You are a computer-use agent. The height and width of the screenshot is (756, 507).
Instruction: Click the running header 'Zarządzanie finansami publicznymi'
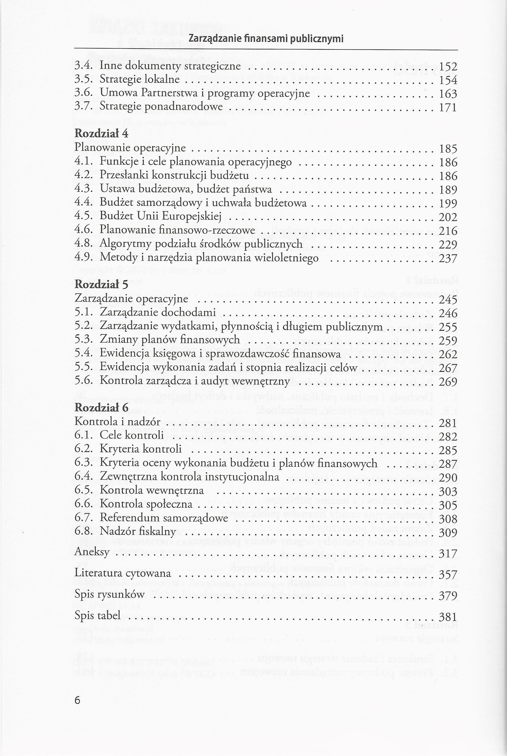pyautogui.click(x=265, y=39)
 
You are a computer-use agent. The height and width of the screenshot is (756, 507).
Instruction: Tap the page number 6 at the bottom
pyautogui.click(x=77, y=701)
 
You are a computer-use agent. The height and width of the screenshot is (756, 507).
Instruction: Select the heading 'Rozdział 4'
pyautogui.click(x=101, y=133)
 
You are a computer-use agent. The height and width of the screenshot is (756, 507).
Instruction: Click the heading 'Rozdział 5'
pyautogui.click(x=101, y=284)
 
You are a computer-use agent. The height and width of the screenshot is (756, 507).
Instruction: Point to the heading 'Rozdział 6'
pyautogui.click(x=101, y=408)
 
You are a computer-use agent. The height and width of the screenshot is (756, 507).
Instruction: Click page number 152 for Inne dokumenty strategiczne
pyautogui.click(x=448, y=66)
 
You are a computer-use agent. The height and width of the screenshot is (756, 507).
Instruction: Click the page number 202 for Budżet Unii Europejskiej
pyautogui.click(x=448, y=217)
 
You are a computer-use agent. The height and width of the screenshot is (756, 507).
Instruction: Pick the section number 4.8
pyautogui.click(x=83, y=244)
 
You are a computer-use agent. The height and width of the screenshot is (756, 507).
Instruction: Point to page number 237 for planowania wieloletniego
pyautogui.click(x=448, y=258)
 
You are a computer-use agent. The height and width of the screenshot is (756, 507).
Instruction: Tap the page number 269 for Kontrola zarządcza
pyautogui.click(x=448, y=382)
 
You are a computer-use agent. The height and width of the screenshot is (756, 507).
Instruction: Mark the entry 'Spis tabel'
pyautogui.click(x=97, y=615)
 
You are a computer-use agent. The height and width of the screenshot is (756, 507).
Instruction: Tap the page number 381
pyautogui.click(x=448, y=617)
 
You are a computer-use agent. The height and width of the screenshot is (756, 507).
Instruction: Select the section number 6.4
pyautogui.click(x=83, y=477)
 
